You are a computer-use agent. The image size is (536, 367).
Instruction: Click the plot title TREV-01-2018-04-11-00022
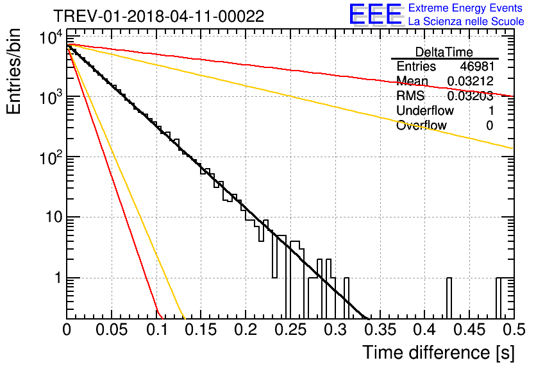159,16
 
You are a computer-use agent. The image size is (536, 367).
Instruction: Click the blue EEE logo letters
375,14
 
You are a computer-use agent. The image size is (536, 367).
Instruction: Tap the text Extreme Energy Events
465,8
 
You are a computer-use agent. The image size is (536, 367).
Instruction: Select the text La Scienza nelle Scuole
466,22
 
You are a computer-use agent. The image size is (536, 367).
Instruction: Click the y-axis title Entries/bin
13,72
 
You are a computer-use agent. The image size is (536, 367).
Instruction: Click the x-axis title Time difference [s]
439,352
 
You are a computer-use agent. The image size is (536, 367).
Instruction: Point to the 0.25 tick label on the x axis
290,330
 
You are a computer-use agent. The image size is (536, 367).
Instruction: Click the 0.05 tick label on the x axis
112,330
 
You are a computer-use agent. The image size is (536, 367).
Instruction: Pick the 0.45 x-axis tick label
470,330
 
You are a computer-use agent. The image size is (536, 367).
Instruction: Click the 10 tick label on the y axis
54,218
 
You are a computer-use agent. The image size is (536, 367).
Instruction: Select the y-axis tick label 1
58,278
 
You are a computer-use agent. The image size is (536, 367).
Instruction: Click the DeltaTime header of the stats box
444,52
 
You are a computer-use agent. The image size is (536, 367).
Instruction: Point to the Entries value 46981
477,66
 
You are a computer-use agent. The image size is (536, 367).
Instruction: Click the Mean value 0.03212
471,81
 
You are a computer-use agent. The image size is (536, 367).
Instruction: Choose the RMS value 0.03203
471,96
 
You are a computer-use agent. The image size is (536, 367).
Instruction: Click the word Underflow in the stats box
425,111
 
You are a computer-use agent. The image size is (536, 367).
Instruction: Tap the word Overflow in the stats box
421,126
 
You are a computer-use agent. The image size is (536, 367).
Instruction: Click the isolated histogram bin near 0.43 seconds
449,298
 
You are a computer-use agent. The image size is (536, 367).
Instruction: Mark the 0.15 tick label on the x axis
201,330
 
